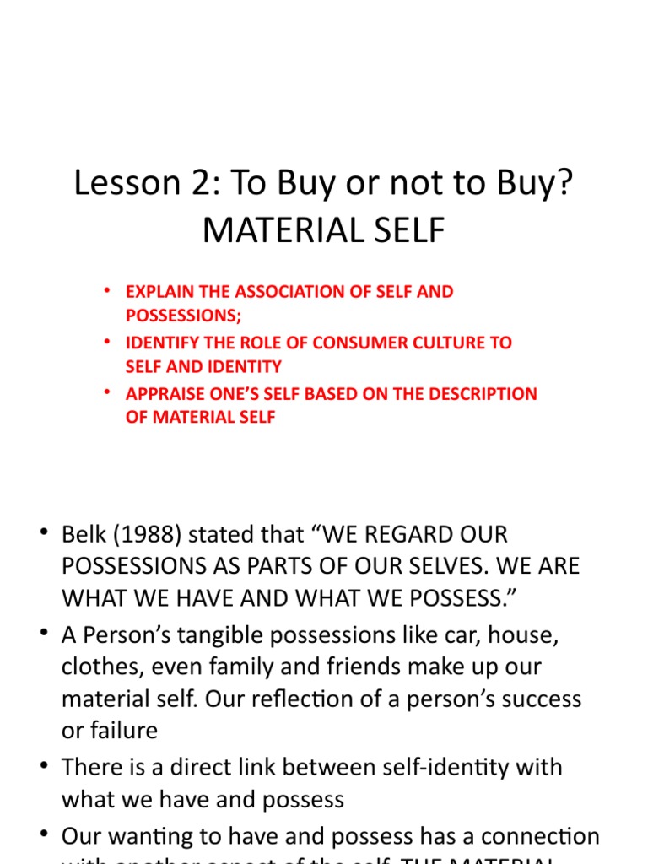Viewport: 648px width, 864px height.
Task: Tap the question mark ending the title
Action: [x=563, y=183]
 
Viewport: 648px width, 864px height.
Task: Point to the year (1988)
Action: [x=153, y=534]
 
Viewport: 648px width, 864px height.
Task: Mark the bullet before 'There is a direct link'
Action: [x=43, y=766]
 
